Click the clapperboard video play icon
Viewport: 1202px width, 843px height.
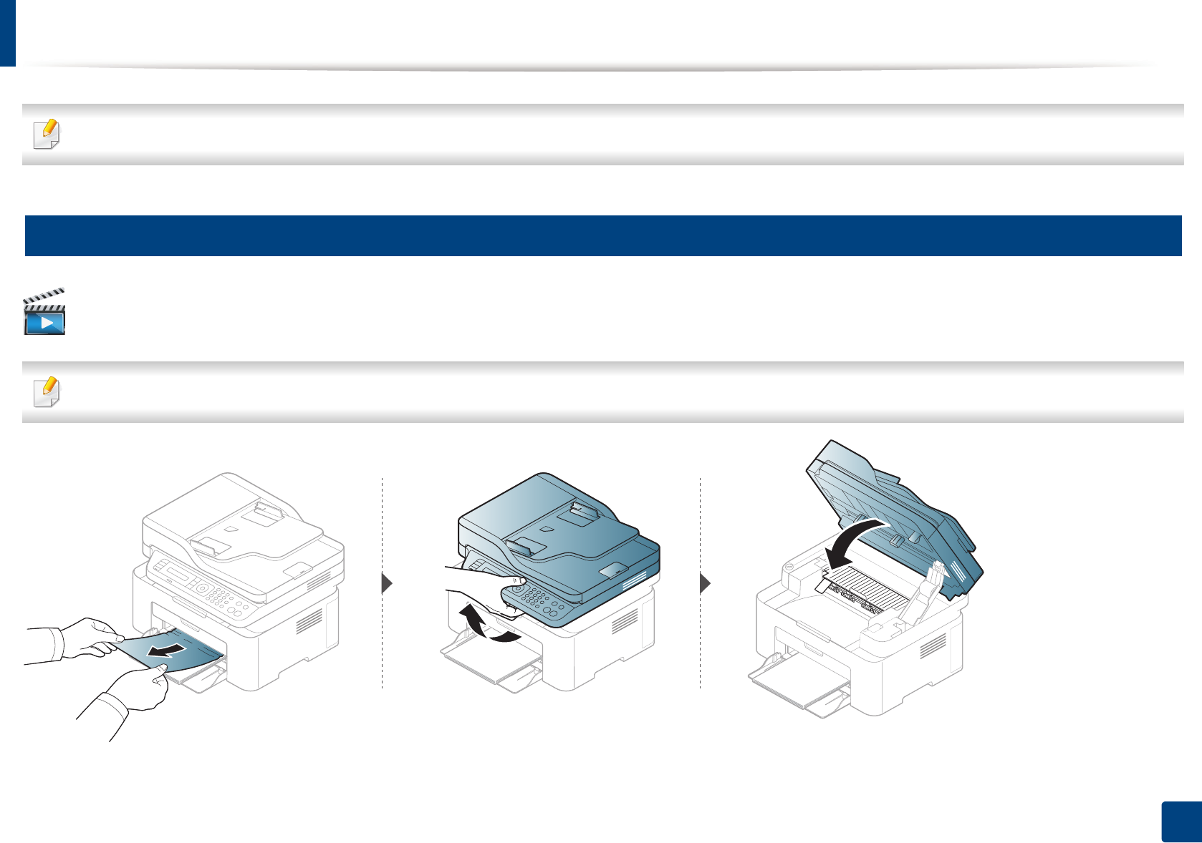[x=44, y=313]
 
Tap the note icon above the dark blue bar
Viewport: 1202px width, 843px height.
[x=47, y=134]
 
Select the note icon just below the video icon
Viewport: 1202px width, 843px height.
[x=47, y=391]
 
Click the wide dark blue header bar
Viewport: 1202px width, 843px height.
[x=602, y=235]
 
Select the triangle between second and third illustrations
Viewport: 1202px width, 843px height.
[x=705, y=583]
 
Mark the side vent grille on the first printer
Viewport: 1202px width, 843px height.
[x=309, y=622]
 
